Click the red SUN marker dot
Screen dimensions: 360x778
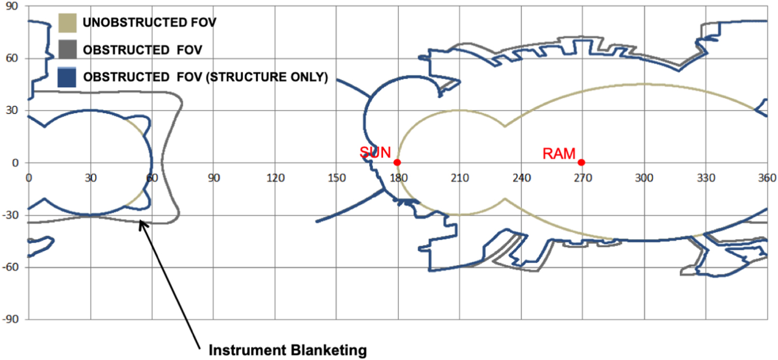point(397,162)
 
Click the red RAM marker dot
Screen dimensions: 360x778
point(581,162)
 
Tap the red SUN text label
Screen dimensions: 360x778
point(375,153)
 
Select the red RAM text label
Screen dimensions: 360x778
point(559,154)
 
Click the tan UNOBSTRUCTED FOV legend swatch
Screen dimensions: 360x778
point(67,23)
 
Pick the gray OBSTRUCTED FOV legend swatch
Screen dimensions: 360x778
point(67,50)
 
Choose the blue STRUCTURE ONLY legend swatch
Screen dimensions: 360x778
point(67,77)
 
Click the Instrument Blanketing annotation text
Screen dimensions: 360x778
point(287,351)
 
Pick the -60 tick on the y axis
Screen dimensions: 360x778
point(12,268)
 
